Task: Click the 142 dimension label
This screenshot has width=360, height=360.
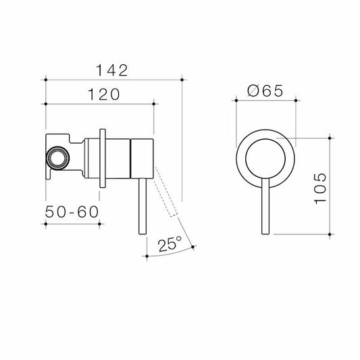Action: pos(111,70)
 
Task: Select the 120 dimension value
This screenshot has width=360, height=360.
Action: pos(104,95)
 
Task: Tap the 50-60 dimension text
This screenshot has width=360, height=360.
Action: pos(72,212)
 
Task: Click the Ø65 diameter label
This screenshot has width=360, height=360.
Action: pos(265,91)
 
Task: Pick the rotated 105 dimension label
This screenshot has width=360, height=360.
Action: pos(320,188)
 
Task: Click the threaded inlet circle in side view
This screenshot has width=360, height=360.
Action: pos(57,158)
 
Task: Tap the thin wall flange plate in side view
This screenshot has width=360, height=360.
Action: pos(103,159)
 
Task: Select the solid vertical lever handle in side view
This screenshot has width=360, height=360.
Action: pos(143,206)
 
